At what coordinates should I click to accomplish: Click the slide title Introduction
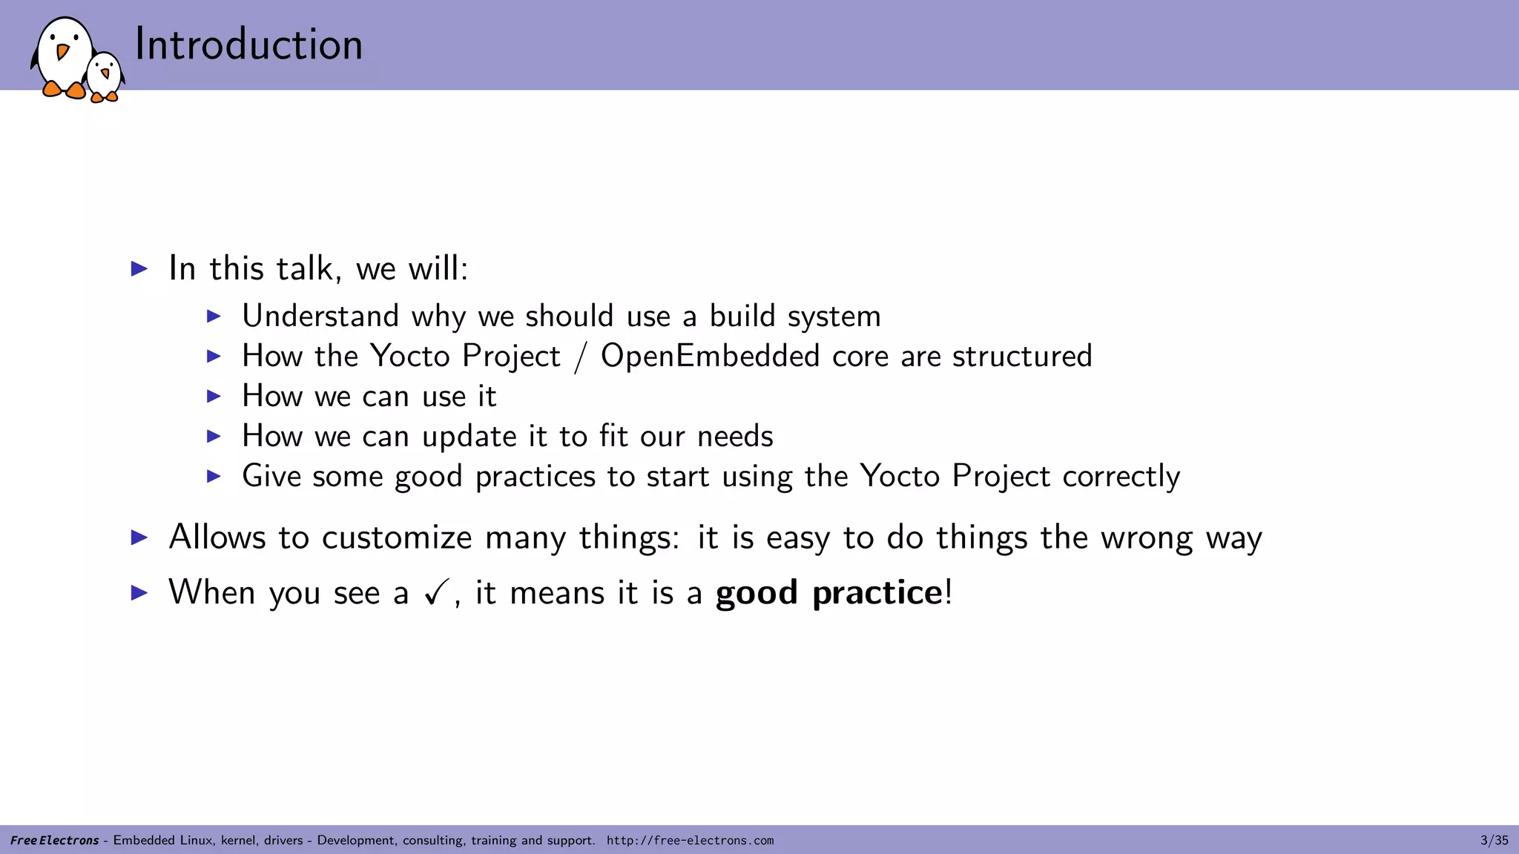[248, 44]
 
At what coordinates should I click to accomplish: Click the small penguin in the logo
[105, 76]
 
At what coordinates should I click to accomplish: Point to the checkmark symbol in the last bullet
[436, 592]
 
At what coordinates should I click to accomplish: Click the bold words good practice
[828, 593]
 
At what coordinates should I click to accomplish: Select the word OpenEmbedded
[710, 357]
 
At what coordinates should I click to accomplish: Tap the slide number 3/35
[1494, 840]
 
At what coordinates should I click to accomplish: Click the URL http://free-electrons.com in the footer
[690, 841]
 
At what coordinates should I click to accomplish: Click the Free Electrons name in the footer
[54, 841]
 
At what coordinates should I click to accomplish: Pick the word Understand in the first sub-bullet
[320, 317]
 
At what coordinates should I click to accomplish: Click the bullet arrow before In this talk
[139, 268]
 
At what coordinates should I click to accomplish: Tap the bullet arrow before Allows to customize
[139, 537]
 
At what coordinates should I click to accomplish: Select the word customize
[397, 537]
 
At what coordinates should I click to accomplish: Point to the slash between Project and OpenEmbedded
[580, 357]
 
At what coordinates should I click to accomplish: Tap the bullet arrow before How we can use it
[214, 396]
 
